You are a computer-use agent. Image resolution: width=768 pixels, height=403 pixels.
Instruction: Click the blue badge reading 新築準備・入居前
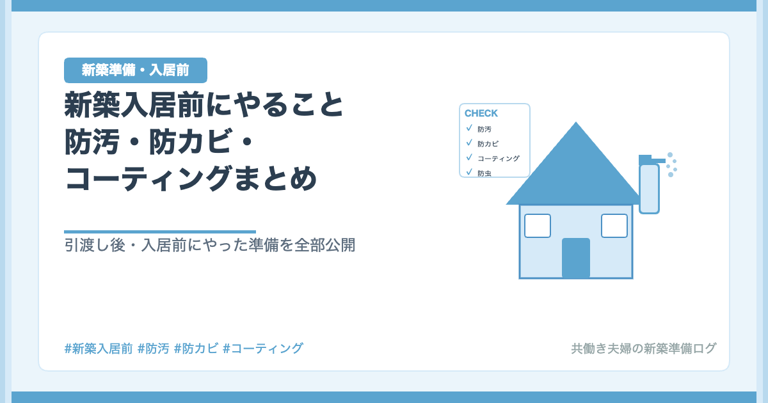tap(136, 70)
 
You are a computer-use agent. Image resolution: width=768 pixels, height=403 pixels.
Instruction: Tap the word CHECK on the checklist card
tap(481, 113)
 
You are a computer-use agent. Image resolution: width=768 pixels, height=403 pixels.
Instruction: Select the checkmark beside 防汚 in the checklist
tap(469, 128)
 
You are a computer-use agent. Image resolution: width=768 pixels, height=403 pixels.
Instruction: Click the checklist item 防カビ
tap(488, 144)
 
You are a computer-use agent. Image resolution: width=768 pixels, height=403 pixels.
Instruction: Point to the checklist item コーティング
tap(499, 159)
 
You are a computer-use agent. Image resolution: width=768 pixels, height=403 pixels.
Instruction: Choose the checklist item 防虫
tap(484, 173)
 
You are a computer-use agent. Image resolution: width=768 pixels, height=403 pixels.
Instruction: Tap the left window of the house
tap(538, 226)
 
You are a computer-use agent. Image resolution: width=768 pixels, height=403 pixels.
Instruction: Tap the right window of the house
tap(614, 226)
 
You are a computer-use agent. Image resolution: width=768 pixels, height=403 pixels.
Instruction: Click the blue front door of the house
tap(576, 258)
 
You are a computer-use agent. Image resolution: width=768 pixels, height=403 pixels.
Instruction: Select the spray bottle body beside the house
tap(649, 189)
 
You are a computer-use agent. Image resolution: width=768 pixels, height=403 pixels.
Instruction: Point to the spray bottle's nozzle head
tap(652, 160)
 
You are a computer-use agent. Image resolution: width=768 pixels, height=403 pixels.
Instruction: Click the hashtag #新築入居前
tap(99, 349)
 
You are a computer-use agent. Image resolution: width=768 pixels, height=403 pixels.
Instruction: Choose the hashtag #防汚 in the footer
tap(153, 349)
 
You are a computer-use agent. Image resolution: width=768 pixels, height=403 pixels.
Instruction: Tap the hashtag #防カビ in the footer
tap(196, 349)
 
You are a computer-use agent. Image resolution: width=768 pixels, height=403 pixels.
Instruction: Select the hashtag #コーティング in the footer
tap(263, 349)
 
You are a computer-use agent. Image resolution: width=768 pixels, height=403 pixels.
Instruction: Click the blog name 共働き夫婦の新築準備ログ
tap(644, 349)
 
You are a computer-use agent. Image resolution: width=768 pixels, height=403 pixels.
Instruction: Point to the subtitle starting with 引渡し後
tap(209, 245)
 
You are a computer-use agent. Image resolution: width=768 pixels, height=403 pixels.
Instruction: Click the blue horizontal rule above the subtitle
tap(160, 232)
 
